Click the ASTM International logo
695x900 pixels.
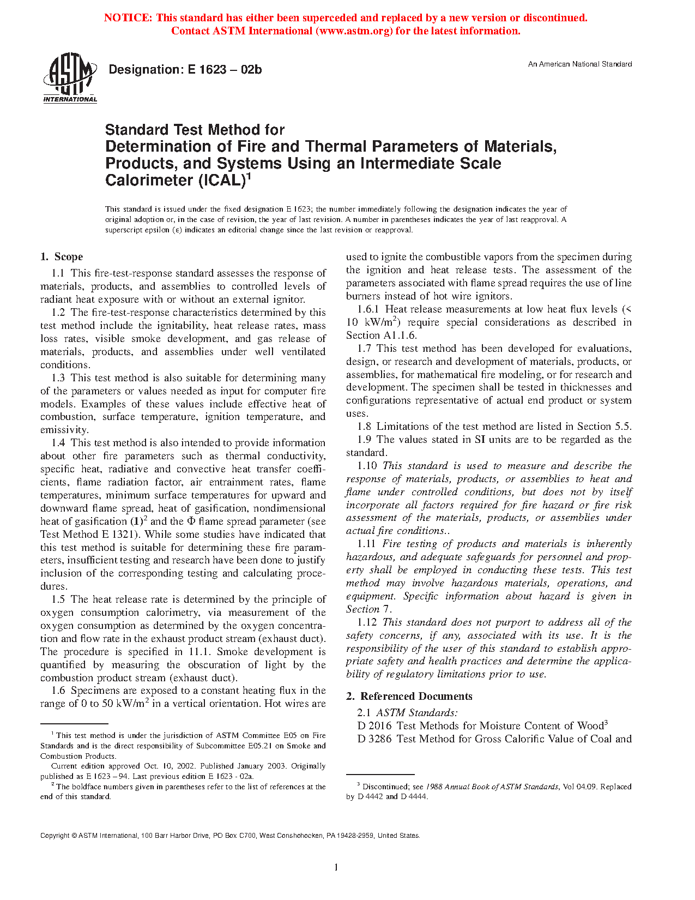(70, 77)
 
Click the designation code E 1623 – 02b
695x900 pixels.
(225, 70)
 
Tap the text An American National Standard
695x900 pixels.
(579, 64)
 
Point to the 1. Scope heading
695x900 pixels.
(62, 257)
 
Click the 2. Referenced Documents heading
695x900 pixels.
(409, 697)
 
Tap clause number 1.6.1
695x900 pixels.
(368, 309)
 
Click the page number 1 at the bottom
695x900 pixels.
(336, 867)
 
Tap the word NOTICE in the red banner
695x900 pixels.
(128, 18)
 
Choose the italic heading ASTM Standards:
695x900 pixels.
(417, 713)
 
